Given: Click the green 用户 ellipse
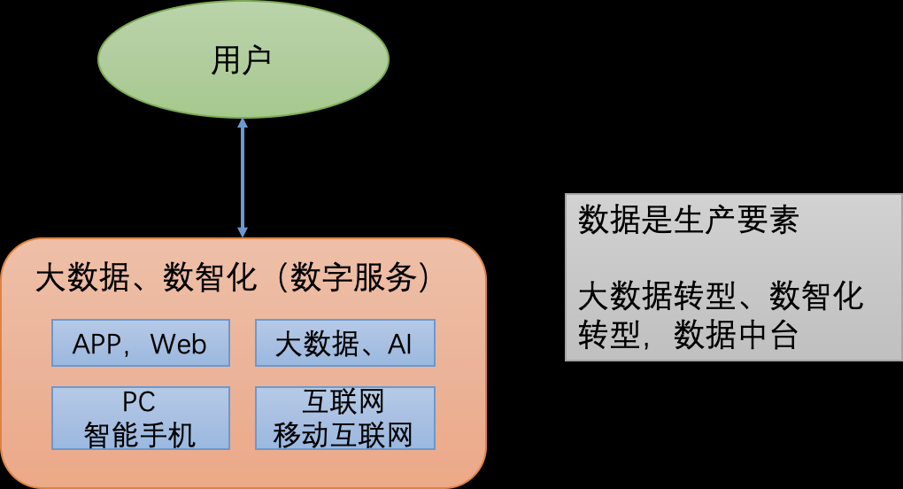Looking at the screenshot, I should (292, 60).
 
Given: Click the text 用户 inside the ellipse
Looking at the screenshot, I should (242, 61).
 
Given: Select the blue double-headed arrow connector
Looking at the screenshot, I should (243, 177).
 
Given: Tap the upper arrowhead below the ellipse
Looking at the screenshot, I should (243, 124).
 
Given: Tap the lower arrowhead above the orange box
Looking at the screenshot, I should (243, 231).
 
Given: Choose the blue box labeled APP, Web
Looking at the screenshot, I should (140, 343).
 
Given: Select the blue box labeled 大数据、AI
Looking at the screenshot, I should (344, 343).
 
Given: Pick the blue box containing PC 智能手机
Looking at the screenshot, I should (140, 418).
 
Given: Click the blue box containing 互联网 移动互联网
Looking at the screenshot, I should (344, 418).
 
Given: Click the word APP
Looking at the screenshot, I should (98, 344).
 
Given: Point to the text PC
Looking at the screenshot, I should (139, 403).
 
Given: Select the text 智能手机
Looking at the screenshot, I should (140, 434).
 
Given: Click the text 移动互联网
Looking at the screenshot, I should (344, 434).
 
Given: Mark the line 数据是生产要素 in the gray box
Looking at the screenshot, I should (688, 220).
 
